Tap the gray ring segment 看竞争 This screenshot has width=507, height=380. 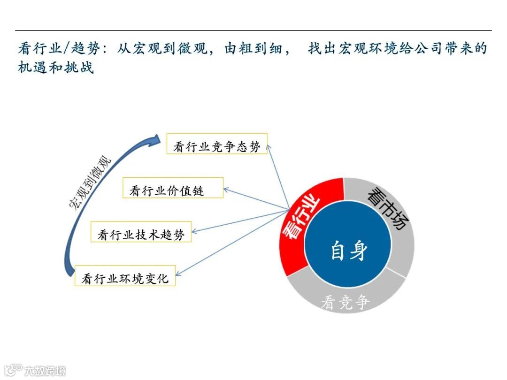pos(346,302)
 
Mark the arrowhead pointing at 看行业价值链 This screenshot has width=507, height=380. pos(226,190)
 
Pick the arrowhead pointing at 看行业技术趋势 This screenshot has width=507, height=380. pos(194,231)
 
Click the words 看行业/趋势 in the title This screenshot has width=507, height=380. pos(52,49)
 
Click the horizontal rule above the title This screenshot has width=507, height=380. pos(253,30)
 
